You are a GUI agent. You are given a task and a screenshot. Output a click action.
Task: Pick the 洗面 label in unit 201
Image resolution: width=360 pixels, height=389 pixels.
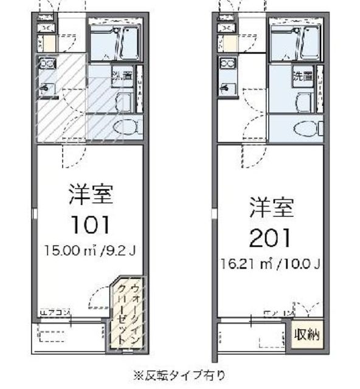(x=303, y=77)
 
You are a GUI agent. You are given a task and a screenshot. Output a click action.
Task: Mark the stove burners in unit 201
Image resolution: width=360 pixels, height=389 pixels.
(x=227, y=63)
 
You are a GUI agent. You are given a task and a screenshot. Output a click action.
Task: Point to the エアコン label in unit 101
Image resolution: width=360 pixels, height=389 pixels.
(x=55, y=313)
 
